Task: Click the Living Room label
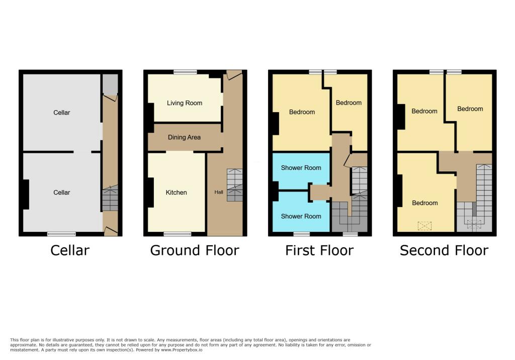[x=185, y=103]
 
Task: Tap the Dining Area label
[x=184, y=137]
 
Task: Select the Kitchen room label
[x=176, y=193]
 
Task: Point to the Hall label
[x=219, y=192]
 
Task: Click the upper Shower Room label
[x=301, y=168]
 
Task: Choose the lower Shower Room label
[x=301, y=216]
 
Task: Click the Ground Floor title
[x=195, y=250]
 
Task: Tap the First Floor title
[x=319, y=250]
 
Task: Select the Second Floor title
[x=444, y=250]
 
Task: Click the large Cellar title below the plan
[x=70, y=250]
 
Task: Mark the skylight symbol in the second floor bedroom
[x=425, y=226]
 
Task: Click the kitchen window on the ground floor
[x=178, y=234]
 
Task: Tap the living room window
[x=185, y=72]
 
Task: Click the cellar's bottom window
[x=61, y=234]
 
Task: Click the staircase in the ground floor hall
[x=234, y=185]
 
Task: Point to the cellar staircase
[x=110, y=199]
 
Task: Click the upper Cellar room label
[x=62, y=113]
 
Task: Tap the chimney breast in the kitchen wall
[x=150, y=193]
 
